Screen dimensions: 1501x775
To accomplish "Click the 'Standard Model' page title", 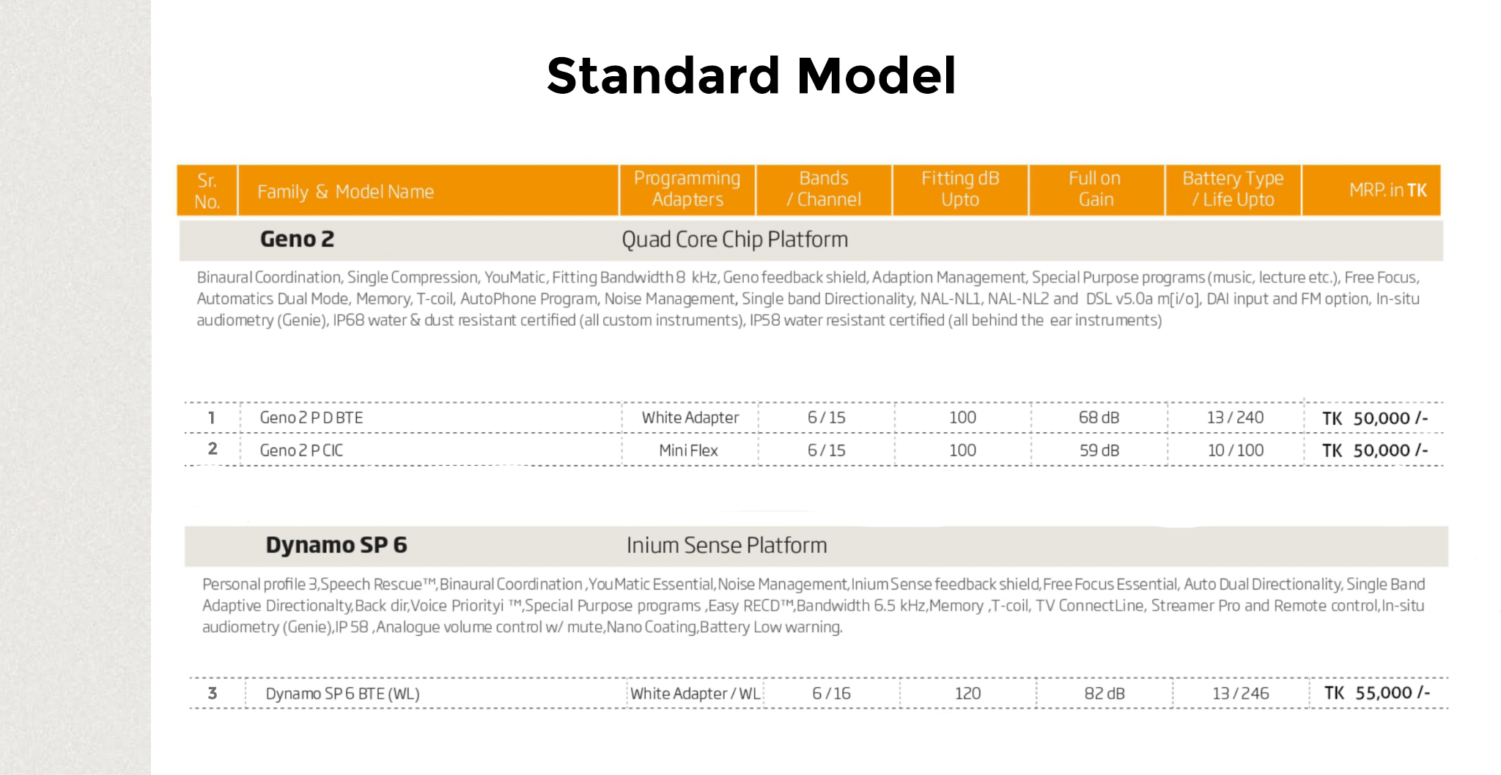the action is click(751, 75).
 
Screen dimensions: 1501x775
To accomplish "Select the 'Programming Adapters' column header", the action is click(687, 189).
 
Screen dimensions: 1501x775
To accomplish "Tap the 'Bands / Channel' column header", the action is click(824, 189).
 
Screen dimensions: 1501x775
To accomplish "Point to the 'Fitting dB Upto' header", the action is click(960, 189).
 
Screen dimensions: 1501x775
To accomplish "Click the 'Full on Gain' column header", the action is click(1095, 189).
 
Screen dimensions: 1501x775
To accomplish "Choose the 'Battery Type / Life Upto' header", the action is click(1233, 189).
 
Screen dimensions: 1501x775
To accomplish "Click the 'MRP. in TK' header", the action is click(1388, 190).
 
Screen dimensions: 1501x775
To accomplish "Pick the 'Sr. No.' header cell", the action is click(207, 190).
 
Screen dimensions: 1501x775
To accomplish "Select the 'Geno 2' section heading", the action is click(297, 240).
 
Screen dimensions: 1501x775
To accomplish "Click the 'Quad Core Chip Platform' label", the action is click(734, 240).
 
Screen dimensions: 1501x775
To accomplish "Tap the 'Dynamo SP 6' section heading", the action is click(336, 545).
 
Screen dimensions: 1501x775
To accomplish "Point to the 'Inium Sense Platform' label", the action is click(726, 545).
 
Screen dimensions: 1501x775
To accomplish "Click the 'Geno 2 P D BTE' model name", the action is click(311, 418).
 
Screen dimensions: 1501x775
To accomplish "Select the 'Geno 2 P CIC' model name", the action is click(301, 450).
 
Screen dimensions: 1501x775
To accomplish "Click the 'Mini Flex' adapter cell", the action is click(688, 450).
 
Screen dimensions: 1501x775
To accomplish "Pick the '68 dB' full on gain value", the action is click(1099, 418).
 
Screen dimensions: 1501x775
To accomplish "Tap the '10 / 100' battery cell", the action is click(1236, 450).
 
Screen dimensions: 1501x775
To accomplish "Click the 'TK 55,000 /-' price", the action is click(1376, 693).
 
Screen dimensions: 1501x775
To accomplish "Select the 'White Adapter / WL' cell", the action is click(696, 694).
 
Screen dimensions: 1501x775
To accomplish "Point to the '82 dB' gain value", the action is click(1104, 693).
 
